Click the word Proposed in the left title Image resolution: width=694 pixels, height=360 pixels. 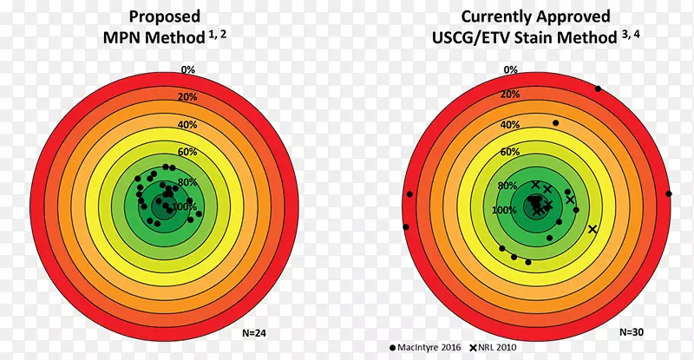(164, 16)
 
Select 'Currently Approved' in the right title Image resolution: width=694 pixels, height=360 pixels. (536, 16)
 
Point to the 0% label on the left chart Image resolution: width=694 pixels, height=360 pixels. (188, 69)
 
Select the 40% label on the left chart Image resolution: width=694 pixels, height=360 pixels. (188, 125)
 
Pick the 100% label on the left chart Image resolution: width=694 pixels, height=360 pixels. (185, 207)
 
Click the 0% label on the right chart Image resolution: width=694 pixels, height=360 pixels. (511, 69)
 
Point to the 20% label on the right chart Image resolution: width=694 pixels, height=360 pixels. (511, 94)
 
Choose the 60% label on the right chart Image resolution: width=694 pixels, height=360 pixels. (511, 152)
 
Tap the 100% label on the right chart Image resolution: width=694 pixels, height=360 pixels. (505, 211)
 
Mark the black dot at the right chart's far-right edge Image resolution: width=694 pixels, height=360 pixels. (668, 193)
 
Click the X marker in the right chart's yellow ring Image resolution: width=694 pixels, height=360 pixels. (593, 229)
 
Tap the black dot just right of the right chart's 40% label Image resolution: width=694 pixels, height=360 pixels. (556, 123)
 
